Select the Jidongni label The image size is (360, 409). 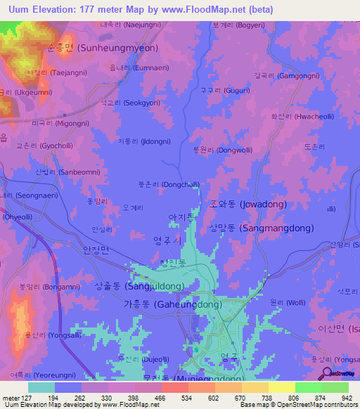tap(143, 141)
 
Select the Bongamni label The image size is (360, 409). tap(39, 287)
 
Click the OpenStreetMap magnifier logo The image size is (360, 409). tap(324, 374)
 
